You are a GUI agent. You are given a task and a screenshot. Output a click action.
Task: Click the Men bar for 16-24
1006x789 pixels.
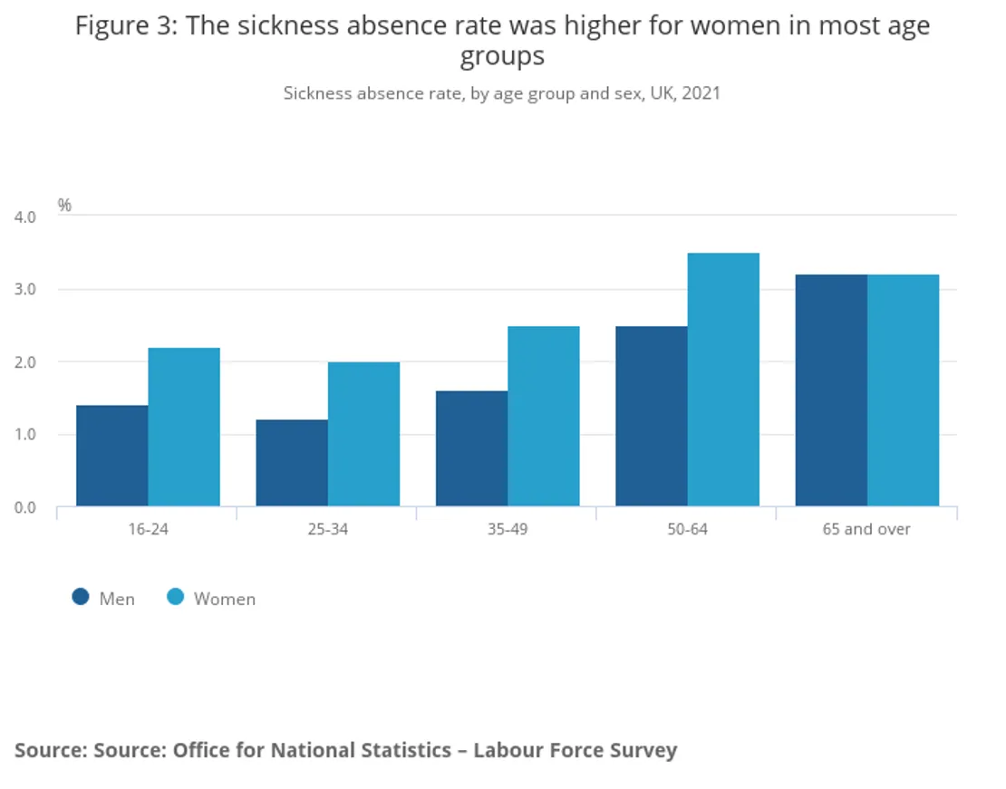coord(112,456)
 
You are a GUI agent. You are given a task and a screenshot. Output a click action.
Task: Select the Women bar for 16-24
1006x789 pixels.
coord(184,427)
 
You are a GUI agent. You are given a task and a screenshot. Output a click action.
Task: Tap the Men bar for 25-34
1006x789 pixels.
coord(292,463)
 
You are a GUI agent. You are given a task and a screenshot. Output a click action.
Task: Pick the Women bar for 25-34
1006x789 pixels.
coord(363,434)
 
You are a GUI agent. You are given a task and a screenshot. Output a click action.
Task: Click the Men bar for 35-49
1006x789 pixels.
coord(471,448)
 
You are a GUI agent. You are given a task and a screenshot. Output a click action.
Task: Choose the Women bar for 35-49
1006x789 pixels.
coord(543,416)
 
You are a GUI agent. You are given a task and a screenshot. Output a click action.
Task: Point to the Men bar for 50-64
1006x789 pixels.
coord(651,416)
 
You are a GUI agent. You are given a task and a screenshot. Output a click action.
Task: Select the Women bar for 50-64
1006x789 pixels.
coord(723,380)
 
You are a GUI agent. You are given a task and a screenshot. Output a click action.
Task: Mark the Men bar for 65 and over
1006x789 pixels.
coord(831,390)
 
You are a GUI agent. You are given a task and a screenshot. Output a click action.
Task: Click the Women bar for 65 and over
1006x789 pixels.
coord(903,390)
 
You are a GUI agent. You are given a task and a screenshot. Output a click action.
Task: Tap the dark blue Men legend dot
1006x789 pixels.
coord(81,597)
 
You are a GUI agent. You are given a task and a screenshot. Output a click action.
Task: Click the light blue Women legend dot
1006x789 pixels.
coord(176,597)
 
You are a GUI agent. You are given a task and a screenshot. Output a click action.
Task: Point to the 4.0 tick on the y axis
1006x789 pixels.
coord(24,217)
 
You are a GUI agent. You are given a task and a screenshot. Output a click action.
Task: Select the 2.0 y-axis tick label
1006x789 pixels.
coord(24,362)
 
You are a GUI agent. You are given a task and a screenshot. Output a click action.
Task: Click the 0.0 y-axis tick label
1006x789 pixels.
coord(24,507)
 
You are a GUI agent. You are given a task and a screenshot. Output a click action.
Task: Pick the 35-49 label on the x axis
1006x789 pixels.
coord(507,529)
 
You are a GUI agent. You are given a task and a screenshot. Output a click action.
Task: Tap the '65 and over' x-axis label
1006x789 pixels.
coord(866,529)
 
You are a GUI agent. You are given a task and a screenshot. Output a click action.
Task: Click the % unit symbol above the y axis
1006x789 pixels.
coord(64,205)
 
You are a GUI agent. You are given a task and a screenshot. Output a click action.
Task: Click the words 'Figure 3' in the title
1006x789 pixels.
coord(126,25)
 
